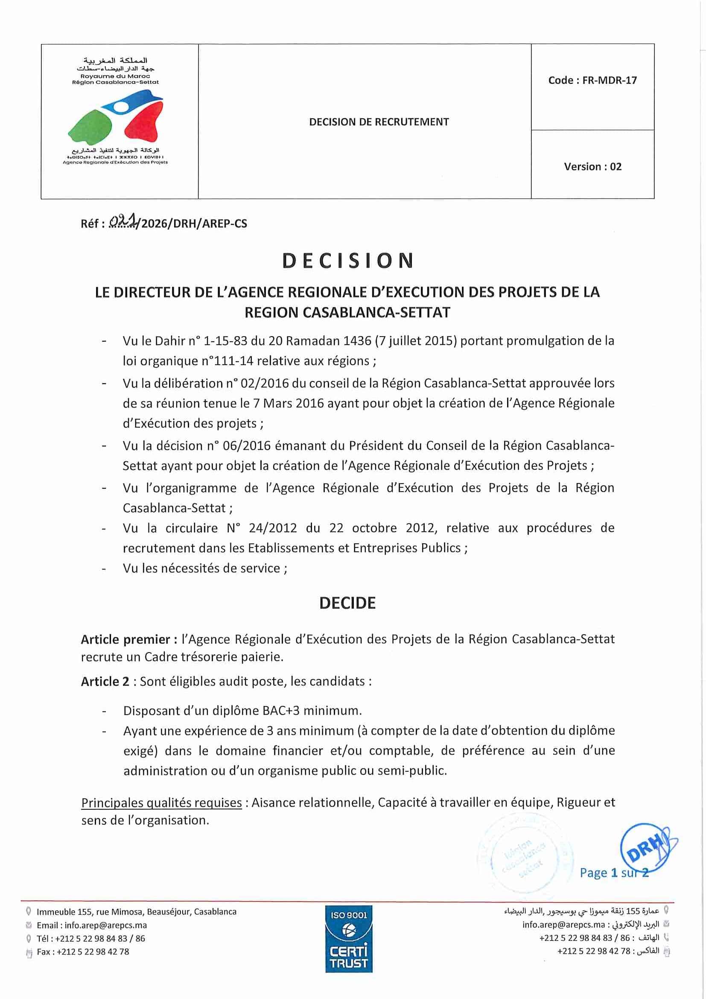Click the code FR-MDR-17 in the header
coord(592,80)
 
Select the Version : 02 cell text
coord(592,167)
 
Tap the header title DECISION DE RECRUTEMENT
coord(379,122)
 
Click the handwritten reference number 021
coord(123,223)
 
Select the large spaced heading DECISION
coord(347,261)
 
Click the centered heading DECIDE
coord(347,603)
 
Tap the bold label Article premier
coord(128,640)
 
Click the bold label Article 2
coord(105,681)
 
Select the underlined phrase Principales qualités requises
coord(161,803)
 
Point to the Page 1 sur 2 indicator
coord(614,873)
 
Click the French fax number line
coord(83,952)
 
